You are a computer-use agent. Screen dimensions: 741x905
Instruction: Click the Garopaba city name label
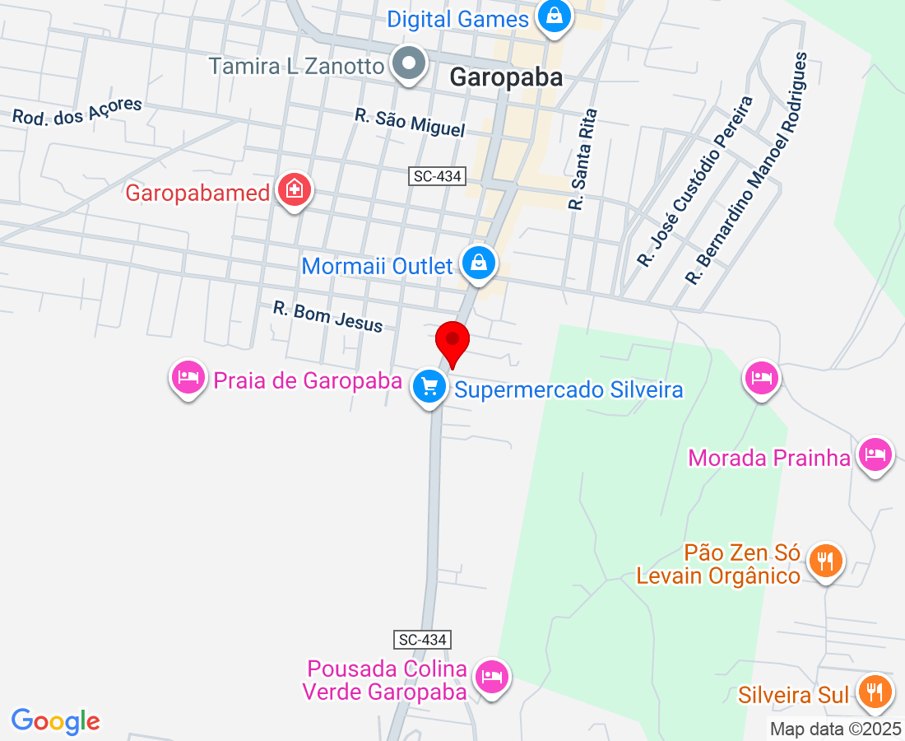(506, 77)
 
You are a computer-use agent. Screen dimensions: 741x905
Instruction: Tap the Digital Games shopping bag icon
(555, 17)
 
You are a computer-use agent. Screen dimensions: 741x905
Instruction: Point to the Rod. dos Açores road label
(77, 111)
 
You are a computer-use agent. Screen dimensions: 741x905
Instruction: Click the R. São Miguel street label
(410, 123)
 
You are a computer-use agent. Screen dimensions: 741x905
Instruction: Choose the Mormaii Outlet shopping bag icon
(477, 263)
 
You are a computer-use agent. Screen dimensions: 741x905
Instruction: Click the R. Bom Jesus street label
(328, 316)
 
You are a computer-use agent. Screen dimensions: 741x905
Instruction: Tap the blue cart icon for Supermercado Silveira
(429, 384)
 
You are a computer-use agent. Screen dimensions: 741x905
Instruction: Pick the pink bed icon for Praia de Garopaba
(188, 378)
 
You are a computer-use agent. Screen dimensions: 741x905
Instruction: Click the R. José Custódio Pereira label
(695, 181)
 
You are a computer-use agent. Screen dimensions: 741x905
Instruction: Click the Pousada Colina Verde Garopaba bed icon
(492, 678)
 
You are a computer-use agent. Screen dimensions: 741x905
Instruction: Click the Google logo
(56, 721)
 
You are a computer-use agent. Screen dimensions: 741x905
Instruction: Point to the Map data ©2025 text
(835, 729)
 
